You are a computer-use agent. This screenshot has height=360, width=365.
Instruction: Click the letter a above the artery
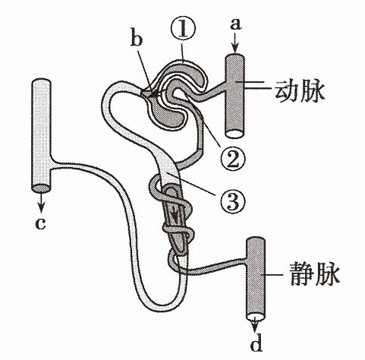[236, 25]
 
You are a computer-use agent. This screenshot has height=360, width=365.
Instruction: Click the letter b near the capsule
[137, 39]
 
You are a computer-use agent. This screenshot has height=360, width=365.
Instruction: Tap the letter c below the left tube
[40, 223]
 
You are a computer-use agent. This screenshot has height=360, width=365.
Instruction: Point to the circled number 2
[233, 159]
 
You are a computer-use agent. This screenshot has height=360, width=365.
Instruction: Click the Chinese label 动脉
[299, 91]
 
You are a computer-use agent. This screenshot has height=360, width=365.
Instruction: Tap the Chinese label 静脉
[314, 274]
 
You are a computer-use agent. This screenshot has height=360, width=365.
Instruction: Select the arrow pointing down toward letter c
[40, 203]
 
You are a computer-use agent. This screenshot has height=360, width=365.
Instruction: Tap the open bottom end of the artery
[234, 134]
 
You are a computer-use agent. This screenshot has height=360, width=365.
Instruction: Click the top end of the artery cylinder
[235, 57]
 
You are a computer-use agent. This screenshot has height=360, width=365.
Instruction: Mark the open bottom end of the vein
[256, 317]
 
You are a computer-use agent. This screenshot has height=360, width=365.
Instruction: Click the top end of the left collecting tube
[41, 84]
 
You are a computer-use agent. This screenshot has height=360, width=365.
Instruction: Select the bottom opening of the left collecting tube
[41, 188]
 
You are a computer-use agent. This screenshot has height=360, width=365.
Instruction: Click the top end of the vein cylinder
[256, 241]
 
